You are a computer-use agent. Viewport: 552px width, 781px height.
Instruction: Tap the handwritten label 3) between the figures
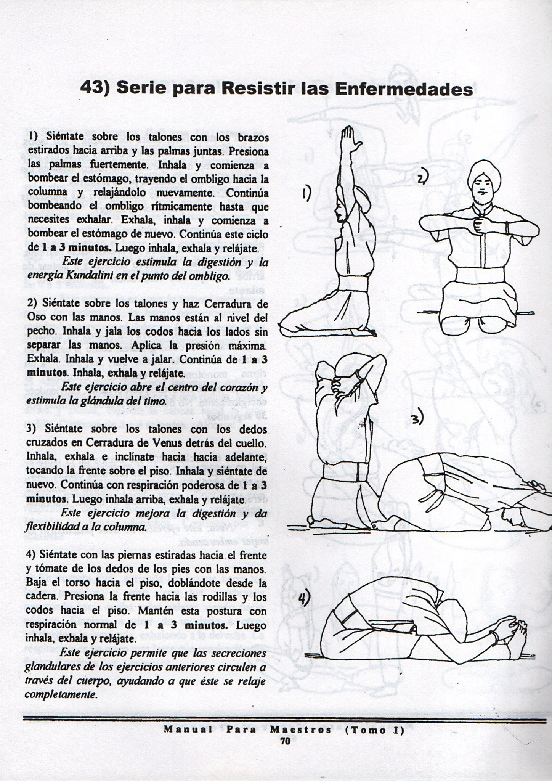pyautogui.click(x=417, y=419)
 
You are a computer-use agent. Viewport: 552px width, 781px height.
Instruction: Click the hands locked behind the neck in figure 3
pyautogui.click(x=339, y=378)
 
